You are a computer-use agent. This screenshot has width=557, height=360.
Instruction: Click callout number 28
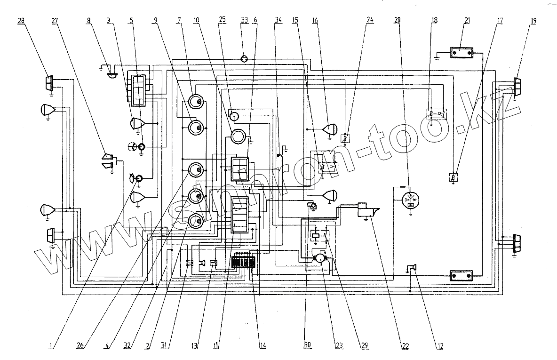(x=21, y=21)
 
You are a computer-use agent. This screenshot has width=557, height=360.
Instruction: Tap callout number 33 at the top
(x=244, y=21)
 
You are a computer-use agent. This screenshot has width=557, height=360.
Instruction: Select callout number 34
(x=278, y=21)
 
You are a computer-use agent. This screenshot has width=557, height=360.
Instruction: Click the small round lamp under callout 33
(x=244, y=59)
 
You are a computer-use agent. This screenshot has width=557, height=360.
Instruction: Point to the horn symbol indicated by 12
(x=413, y=269)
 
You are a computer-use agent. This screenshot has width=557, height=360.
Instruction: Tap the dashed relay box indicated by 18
(x=437, y=114)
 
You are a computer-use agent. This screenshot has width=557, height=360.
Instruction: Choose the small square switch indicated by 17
(x=453, y=177)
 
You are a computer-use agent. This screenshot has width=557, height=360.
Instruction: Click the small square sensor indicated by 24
(x=346, y=138)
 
